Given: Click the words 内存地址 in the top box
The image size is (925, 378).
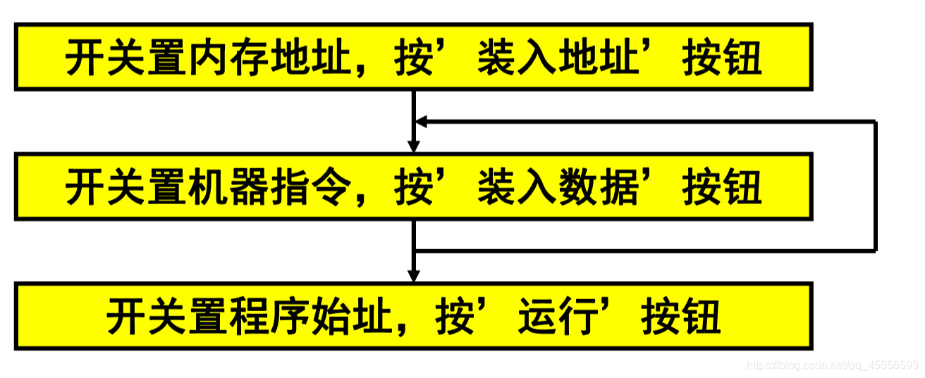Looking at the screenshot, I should (x=271, y=58).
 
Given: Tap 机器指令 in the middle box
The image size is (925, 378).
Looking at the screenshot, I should (x=271, y=187).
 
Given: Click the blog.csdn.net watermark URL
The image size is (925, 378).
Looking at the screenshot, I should (x=832, y=365).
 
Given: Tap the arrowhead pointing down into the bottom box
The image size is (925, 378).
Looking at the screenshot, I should (x=414, y=275).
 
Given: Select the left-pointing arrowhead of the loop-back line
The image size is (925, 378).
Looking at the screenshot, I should (x=422, y=122).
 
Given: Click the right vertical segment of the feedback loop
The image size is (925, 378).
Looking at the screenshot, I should (x=875, y=187).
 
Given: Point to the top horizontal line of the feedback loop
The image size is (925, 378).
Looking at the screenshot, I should (x=649, y=122).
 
